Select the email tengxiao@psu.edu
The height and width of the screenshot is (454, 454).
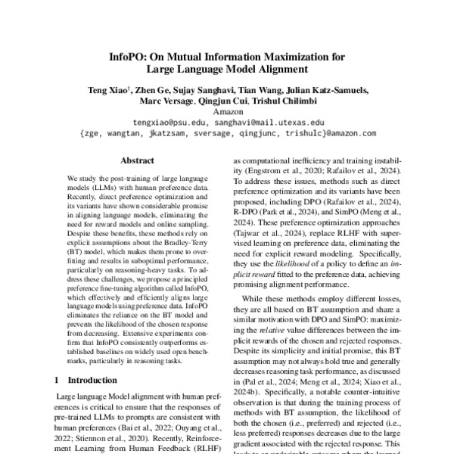166,121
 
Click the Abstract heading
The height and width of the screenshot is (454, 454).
137,160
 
